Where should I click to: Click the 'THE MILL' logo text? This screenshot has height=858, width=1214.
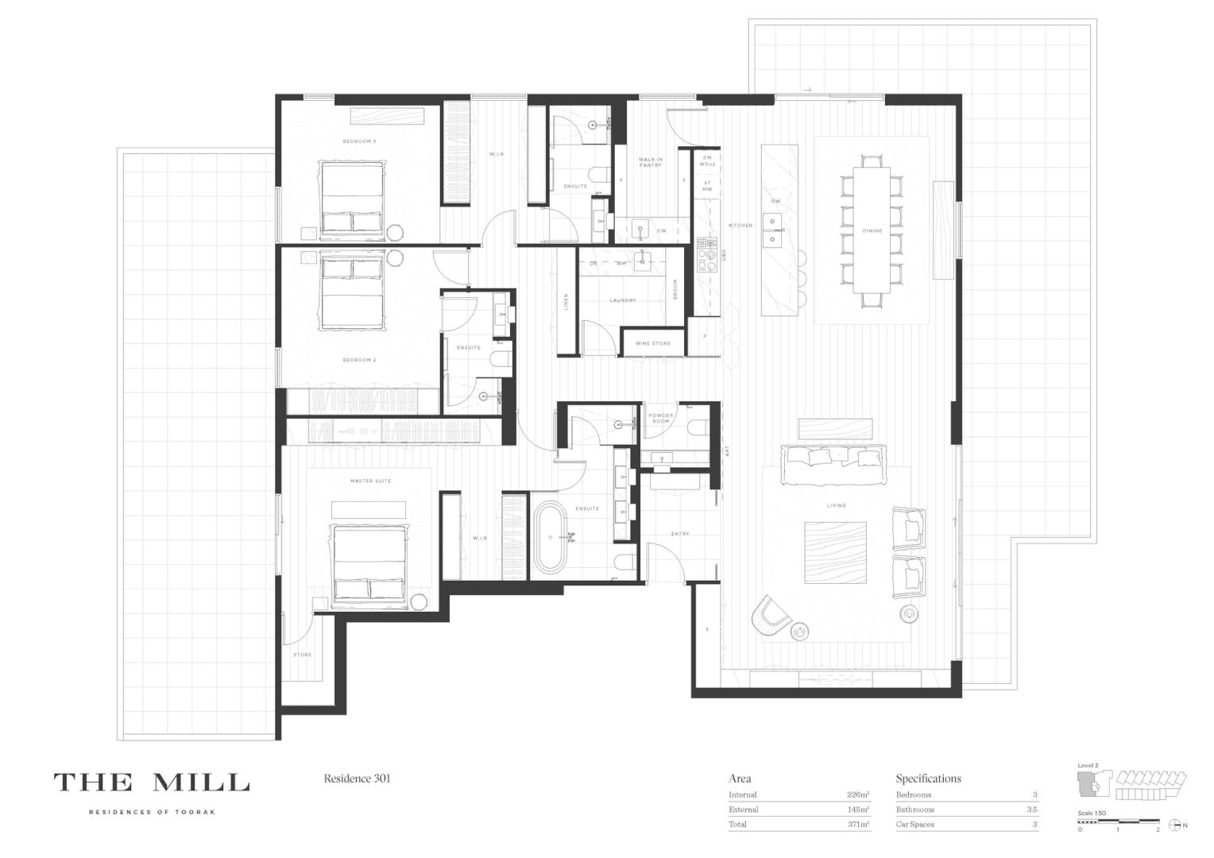point(151,783)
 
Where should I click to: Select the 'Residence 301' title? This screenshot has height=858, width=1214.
point(357,779)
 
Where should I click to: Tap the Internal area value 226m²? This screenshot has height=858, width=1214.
point(857,794)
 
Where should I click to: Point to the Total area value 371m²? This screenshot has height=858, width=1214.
point(858,825)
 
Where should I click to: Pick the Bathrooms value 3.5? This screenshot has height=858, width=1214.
point(1031,810)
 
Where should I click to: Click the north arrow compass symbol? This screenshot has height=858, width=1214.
point(1174,825)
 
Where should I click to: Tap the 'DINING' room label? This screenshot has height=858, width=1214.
point(872,231)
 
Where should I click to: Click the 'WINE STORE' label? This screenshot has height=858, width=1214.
point(652,343)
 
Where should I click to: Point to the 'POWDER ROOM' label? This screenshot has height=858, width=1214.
point(660,418)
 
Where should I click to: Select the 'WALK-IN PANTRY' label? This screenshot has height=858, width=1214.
point(650,162)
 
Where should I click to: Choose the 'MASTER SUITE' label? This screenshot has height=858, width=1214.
point(370,481)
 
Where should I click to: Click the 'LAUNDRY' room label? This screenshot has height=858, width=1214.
point(623,300)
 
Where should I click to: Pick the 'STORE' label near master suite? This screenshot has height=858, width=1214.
point(302,655)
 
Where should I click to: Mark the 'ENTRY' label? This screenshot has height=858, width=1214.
point(680,534)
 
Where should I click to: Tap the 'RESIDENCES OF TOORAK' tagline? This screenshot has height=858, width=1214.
point(151,812)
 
